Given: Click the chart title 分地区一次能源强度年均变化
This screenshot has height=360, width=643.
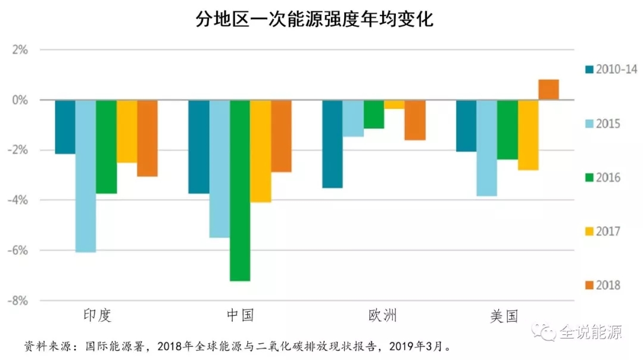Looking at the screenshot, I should tap(314, 20).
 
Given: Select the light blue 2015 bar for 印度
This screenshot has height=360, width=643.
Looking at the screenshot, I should tap(85, 176).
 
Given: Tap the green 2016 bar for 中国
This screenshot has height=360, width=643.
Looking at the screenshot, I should tap(240, 190).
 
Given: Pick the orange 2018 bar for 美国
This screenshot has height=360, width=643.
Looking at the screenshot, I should tap(548, 90).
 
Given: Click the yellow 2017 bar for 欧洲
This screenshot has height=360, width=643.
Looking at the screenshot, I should tap(394, 105).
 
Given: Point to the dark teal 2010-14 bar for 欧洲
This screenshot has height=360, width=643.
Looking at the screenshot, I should tap(332, 144).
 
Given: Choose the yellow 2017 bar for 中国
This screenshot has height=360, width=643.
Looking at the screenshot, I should tap(260, 151).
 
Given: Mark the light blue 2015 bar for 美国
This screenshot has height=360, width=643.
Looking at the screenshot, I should tap(486, 148).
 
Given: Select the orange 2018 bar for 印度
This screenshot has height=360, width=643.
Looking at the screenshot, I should tap(147, 138).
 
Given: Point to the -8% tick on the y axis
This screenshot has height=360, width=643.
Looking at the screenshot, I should tap(17, 301).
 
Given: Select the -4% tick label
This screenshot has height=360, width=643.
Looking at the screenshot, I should tap(17, 201).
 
